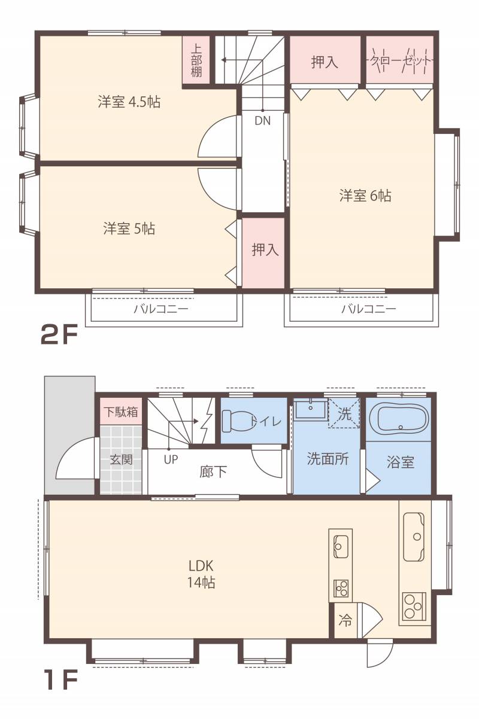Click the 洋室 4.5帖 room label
pyautogui.click(x=129, y=102)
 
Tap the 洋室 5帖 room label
pyautogui.click(x=129, y=229)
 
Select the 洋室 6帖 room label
pyautogui.click(x=365, y=196)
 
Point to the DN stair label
pyautogui.click(x=262, y=121)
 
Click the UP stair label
pyautogui.click(x=171, y=459)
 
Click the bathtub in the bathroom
pyautogui.click(x=399, y=419)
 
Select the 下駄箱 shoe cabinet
pyautogui.click(x=121, y=412)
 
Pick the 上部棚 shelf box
pyautogui.click(x=196, y=60)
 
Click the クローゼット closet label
pyautogui.click(x=401, y=60)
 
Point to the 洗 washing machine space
pyautogui.click(x=344, y=413)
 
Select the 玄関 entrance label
pyautogui.click(x=121, y=459)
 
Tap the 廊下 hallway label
pyautogui.click(x=213, y=471)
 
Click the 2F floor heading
pyautogui.click(x=59, y=335)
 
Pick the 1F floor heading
pyautogui.click(x=62, y=679)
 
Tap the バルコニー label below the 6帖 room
pyautogui.click(x=368, y=309)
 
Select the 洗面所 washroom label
pyautogui.click(x=328, y=459)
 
